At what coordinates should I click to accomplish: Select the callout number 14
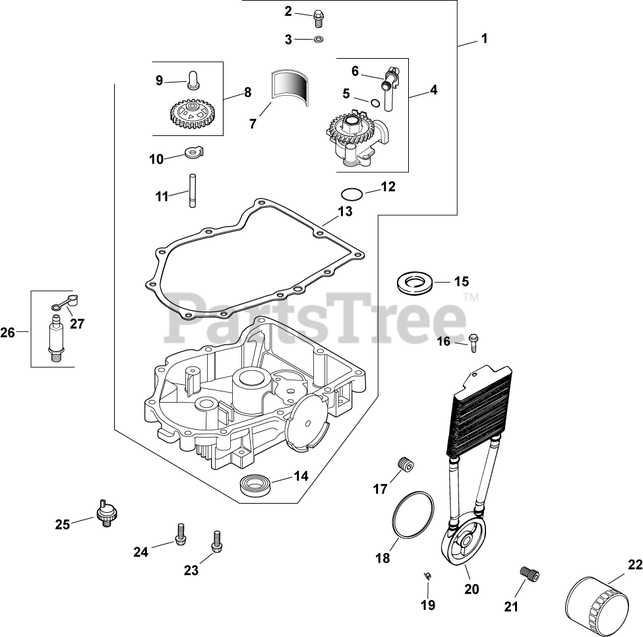301,476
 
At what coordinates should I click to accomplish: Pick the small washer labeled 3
319,40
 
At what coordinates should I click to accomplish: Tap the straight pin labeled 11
191,191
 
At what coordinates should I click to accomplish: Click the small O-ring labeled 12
351,193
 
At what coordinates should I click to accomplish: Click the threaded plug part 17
404,465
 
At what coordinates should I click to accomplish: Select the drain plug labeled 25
106,513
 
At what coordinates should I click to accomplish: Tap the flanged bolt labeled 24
179,534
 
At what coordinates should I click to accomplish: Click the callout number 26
7,333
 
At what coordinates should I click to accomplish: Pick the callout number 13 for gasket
344,211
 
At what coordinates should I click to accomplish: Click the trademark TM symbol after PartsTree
470,298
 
